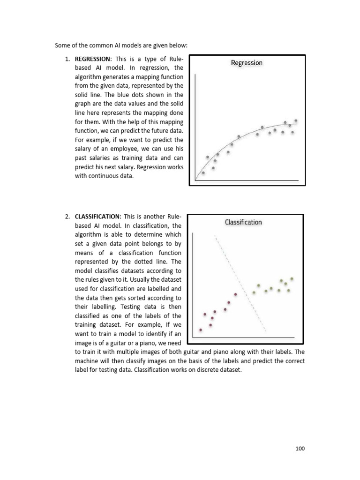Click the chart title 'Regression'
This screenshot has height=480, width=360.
point(247,63)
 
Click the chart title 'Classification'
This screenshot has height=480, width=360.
point(243,222)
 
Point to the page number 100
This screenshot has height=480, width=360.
point(300,449)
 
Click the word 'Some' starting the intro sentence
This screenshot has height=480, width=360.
point(62,45)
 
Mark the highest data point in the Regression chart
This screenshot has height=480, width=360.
point(296,120)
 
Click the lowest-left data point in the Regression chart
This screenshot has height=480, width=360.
point(203,172)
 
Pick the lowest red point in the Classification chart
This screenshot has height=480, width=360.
point(201,330)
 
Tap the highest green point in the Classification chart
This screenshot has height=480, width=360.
point(292,278)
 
